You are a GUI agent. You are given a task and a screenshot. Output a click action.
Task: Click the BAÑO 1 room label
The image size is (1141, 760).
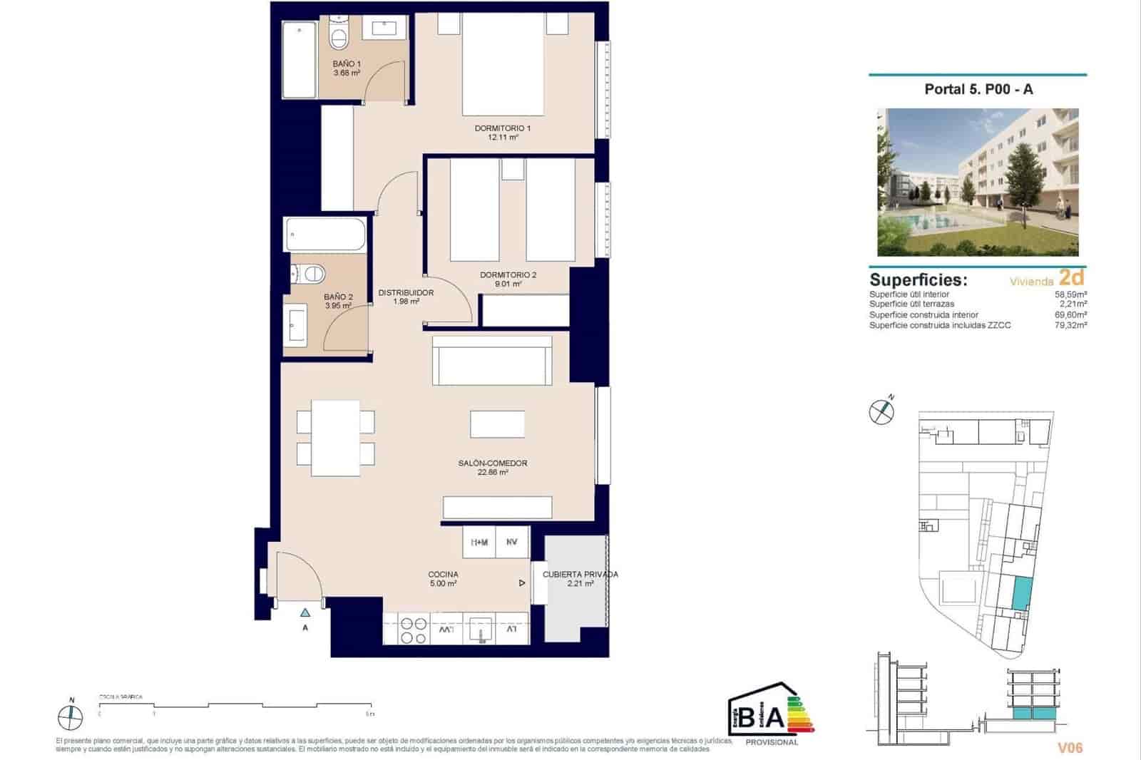coord(347,64)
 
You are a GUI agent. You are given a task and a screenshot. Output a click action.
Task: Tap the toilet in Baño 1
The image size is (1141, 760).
coord(339,36)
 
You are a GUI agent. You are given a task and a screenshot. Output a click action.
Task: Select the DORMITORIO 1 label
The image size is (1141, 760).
coord(502,128)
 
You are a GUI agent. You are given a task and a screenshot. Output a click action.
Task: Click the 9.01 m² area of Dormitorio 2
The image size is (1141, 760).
coord(509,284)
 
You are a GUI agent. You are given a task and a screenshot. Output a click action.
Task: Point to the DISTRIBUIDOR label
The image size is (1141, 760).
coord(406,292)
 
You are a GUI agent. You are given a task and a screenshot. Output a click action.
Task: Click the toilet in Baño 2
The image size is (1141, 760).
coord(310,272)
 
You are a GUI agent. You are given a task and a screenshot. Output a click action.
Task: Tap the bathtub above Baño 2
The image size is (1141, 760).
coord(326,235)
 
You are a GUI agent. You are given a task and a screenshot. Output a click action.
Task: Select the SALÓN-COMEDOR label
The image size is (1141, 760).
coord(492,463)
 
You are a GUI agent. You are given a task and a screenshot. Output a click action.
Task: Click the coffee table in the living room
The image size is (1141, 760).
coord(497,423)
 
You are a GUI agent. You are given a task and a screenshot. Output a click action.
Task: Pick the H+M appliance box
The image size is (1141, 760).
coord(479,542)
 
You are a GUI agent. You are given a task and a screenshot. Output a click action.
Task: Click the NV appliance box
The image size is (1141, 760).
coord(512,542)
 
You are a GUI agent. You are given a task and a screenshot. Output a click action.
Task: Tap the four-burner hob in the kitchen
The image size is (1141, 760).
coord(412,630)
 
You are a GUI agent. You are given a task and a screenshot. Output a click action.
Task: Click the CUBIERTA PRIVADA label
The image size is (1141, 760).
coord(580,574)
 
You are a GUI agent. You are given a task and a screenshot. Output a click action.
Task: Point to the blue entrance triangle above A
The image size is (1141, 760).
coord(305,612)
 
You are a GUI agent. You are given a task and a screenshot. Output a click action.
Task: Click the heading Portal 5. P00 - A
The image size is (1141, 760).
coord(978,89)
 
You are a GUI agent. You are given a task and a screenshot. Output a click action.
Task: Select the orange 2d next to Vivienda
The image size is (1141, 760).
coord(1072,277)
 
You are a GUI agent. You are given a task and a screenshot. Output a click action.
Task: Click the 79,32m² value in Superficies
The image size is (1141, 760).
coord(1070,325)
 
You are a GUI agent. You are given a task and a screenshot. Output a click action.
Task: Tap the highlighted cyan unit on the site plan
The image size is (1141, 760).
coord(1021,592)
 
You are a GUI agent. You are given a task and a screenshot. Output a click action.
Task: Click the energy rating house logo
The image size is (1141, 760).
coord(770,713)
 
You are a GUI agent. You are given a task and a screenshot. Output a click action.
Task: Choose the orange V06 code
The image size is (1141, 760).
coord(1070,747)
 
